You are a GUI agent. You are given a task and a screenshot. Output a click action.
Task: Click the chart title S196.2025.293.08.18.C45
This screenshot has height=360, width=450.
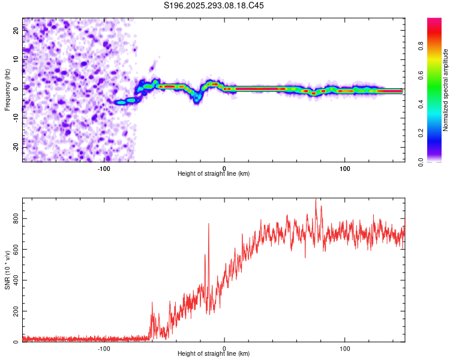coord(214,5)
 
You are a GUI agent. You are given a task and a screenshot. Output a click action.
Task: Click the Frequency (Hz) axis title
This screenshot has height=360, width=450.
coord(7,90)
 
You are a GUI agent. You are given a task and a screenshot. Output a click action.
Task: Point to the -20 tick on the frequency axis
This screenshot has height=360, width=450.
coord(17,147)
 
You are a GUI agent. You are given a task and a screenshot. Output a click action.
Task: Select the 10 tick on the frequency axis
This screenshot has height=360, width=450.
coord(17,60)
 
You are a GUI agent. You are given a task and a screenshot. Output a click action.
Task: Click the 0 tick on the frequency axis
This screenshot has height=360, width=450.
coord(17,89)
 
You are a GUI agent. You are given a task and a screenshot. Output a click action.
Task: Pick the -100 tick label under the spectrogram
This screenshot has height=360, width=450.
coord(104,169)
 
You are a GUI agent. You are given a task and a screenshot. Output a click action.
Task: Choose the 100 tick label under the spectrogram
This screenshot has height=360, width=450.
coord(345,169)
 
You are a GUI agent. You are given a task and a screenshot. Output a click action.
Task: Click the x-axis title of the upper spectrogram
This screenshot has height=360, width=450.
coord(214,174)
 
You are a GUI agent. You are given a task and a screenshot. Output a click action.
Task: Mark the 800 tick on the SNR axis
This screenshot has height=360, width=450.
coord(17,220)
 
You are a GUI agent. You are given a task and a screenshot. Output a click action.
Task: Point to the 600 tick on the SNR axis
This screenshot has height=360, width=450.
coord(17,250)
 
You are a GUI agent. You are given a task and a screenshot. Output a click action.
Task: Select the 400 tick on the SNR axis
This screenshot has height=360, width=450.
coord(17,281)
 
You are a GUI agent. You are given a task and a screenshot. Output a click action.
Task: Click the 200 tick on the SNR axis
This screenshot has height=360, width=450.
coord(17,312)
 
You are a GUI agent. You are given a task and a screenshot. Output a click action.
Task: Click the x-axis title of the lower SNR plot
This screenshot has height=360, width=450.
coord(214,354)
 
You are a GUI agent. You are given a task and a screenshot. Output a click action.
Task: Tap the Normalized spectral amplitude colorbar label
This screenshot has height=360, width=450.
coord(446,90)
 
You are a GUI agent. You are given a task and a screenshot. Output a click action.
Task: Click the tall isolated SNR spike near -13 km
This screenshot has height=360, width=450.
coord(209,226)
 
